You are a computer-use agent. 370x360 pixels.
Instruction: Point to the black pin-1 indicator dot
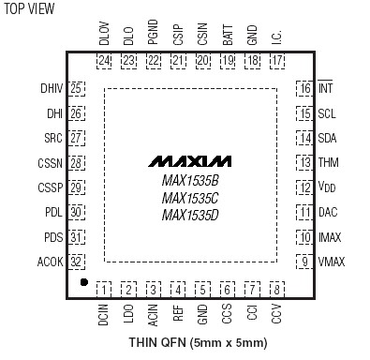pyautogui.click(x=83, y=280)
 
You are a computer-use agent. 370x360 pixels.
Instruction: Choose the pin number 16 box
pyautogui.click(x=304, y=89)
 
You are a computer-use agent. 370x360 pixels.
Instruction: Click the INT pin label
pyautogui.click(x=326, y=89)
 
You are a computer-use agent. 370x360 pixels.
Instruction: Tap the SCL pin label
pyautogui.click(x=327, y=113)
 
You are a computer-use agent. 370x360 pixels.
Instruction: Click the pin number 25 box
pyautogui.click(x=77, y=89)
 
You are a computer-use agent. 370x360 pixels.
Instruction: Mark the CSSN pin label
pyautogui.click(x=51, y=163)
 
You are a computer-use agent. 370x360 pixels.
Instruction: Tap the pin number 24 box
pyautogui.click(x=104, y=62)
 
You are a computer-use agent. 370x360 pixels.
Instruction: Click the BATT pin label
pyautogui.click(x=228, y=38)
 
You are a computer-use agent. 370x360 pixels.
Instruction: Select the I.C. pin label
pyautogui.click(x=276, y=38)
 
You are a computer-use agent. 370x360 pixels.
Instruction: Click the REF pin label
pyautogui.click(x=177, y=313)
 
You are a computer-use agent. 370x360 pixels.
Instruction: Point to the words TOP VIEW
pyautogui.click(x=29, y=8)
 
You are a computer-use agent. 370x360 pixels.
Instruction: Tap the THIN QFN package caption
pyautogui.click(x=186, y=345)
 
